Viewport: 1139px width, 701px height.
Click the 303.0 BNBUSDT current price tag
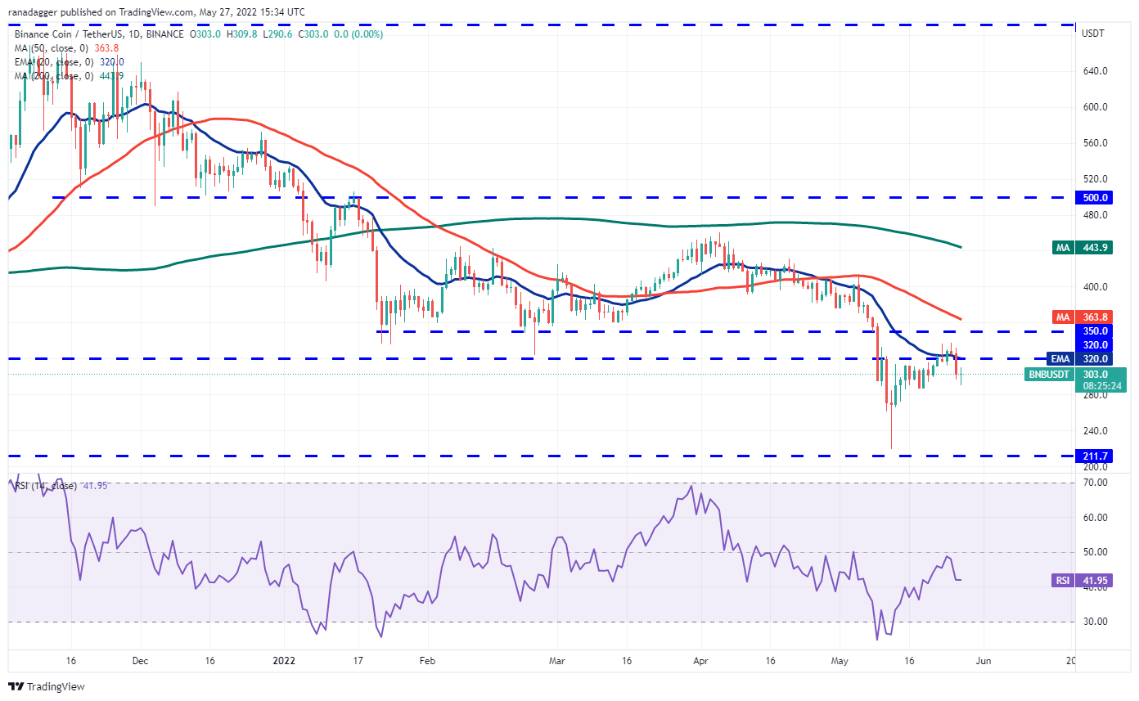tap(1095, 374)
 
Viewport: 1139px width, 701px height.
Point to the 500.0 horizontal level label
tap(1095, 197)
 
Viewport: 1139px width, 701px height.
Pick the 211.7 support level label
tap(1095, 456)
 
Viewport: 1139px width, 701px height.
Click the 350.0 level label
tap(1095, 331)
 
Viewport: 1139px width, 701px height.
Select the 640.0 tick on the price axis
tap(1095, 71)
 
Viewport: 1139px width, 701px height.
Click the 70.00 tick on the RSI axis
tap(1095, 483)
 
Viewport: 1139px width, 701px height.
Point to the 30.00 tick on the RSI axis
tap(1095, 622)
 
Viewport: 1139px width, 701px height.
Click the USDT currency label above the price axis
tap(1093, 34)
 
